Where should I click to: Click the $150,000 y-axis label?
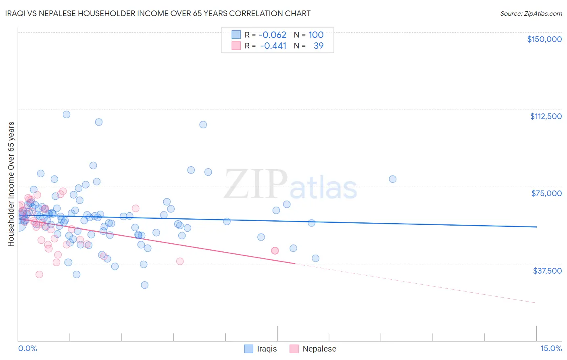pos(544,39)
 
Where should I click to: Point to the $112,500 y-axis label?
pos(546,116)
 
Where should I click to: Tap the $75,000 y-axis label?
pos(546,193)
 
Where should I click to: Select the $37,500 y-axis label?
pos(547,271)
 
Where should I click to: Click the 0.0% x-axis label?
pos(27,349)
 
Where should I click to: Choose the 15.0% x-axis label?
pos(551,349)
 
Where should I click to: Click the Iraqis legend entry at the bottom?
pos(267,349)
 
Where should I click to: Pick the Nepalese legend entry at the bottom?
pos(319,349)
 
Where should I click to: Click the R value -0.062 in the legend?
pos(273,35)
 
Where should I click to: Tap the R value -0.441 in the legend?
pos(273,46)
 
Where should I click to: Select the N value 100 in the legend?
pos(316,35)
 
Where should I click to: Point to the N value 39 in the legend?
pos(319,46)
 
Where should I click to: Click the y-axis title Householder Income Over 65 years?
pos(11,184)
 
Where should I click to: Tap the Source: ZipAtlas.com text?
pos(531,13)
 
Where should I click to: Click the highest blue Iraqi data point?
pos(67,115)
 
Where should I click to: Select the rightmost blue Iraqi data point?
pos(392,179)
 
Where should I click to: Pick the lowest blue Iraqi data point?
pos(144,285)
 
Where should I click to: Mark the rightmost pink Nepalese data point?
pos(275,251)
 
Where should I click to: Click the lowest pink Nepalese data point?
pos(39,274)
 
